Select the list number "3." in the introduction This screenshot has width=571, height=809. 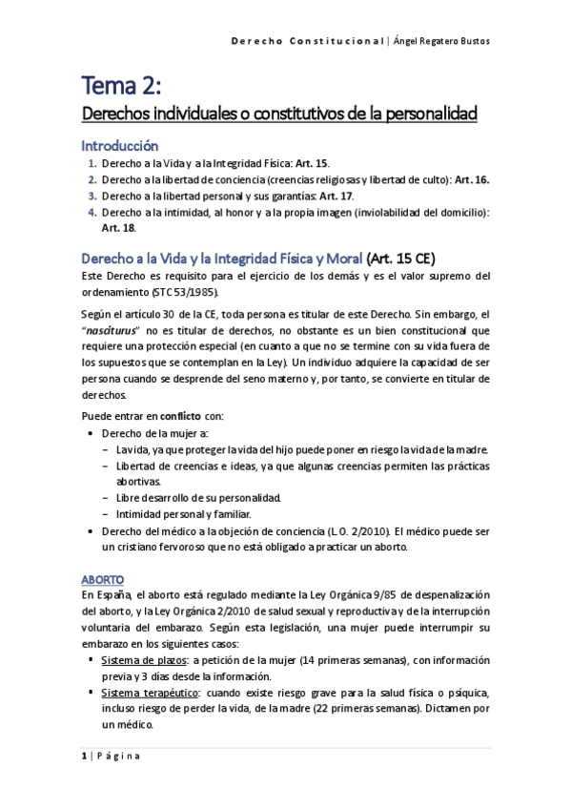click(x=92, y=196)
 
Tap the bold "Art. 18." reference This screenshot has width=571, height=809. click(x=119, y=227)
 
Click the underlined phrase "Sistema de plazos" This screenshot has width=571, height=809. click(x=139, y=659)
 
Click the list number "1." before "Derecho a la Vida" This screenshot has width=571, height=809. click(x=92, y=164)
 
